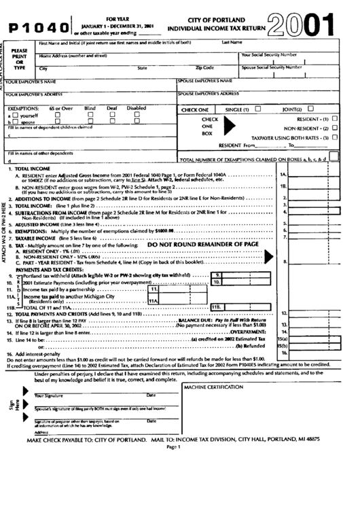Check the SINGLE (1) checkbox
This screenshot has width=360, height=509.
257,108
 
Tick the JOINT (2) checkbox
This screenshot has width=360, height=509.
310,108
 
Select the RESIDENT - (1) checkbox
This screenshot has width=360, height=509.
334,118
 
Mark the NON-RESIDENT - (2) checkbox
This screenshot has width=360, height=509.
334,128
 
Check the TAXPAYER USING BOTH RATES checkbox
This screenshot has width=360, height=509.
334,137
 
